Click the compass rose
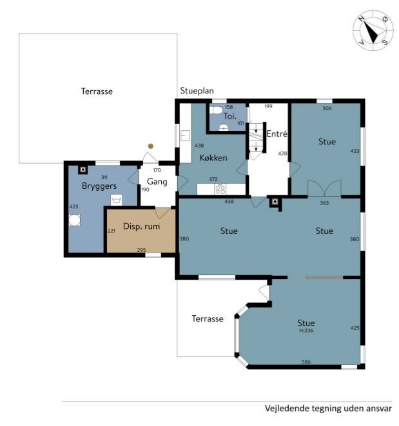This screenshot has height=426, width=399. point(373,30)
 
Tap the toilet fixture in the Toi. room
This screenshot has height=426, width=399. point(216,110)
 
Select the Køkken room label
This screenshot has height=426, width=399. point(213,158)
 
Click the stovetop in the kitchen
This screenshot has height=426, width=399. point(220,189)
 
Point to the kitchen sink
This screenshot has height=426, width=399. point(186,135)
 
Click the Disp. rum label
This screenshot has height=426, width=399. point(141,226)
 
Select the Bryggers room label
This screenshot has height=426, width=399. point(99,186)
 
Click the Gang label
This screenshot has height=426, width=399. point(157,182)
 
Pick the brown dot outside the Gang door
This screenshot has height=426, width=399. point(151,146)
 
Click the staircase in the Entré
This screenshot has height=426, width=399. point(257,137)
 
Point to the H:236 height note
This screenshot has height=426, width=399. point(306,331)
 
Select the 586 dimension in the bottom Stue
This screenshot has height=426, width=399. point(306,362)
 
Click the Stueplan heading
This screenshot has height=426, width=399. point(197,91)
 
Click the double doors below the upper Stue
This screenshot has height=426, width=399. point(324,188)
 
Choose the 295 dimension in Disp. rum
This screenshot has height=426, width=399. point(141,250)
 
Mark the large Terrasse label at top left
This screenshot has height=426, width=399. point(97,92)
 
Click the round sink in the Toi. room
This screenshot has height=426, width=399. point(224,127)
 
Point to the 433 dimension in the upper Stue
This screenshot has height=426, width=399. point(355,151)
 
